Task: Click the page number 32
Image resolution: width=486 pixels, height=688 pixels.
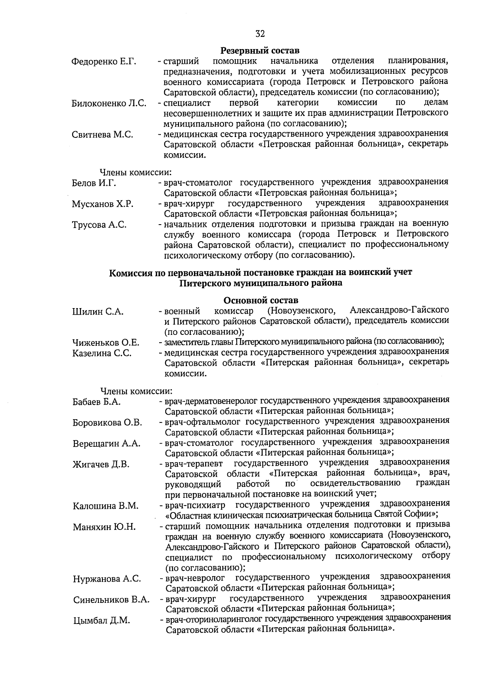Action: point(260,34)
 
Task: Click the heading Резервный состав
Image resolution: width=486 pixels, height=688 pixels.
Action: point(260,51)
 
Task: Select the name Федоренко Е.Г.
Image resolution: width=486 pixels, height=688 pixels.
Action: point(104,62)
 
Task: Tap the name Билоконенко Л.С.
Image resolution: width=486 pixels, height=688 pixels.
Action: point(109,103)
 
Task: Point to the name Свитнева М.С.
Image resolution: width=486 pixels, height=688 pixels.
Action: point(102,135)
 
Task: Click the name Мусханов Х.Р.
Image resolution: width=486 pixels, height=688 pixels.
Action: point(102,204)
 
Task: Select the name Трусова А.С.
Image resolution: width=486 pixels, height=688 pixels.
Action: point(99,225)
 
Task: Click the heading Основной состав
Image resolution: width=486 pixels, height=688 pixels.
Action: point(261,300)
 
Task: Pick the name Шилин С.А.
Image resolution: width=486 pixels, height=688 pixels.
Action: point(98,312)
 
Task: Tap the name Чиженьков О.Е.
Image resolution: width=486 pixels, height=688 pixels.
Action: point(106,343)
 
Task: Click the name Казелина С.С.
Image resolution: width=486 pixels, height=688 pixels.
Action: point(102,353)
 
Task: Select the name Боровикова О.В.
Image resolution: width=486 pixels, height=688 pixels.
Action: point(107,423)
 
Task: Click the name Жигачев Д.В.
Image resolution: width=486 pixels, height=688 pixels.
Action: point(101,465)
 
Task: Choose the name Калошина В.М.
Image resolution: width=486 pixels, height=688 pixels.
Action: point(106,506)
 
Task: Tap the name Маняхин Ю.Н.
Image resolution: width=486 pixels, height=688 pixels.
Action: point(104,527)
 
